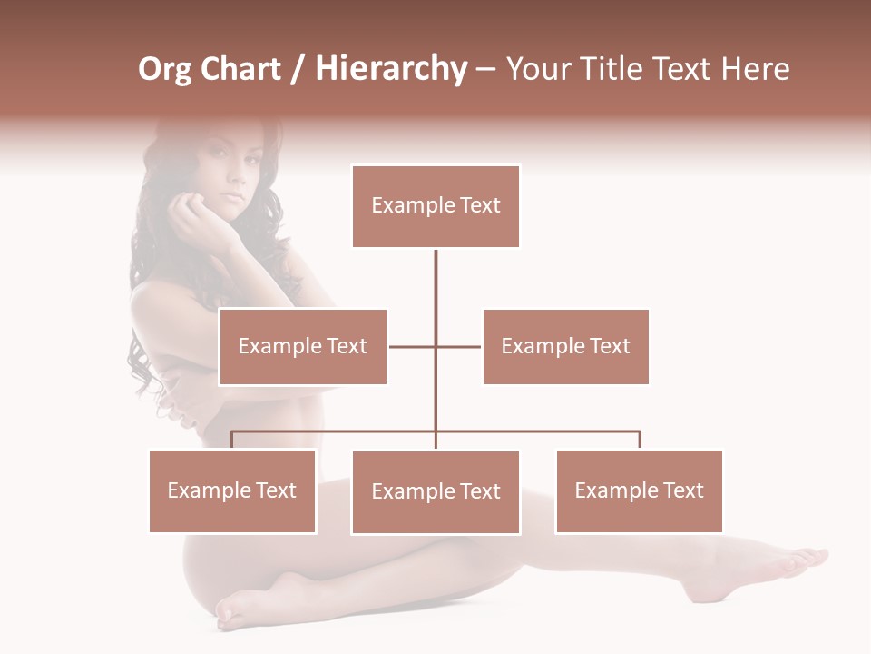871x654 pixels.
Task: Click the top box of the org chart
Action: (435, 206)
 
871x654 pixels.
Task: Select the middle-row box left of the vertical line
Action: (303, 346)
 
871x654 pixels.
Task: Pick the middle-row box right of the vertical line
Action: (565, 346)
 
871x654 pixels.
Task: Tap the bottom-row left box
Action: (232, 490)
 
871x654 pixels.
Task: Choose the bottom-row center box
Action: (435, 491)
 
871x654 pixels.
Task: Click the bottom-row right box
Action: (639, 490)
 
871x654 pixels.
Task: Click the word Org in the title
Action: (164, 69)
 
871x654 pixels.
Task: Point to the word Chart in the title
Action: (240, 69)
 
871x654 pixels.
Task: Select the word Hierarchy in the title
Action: (391, 69)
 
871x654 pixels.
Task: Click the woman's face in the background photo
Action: (226, 178)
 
